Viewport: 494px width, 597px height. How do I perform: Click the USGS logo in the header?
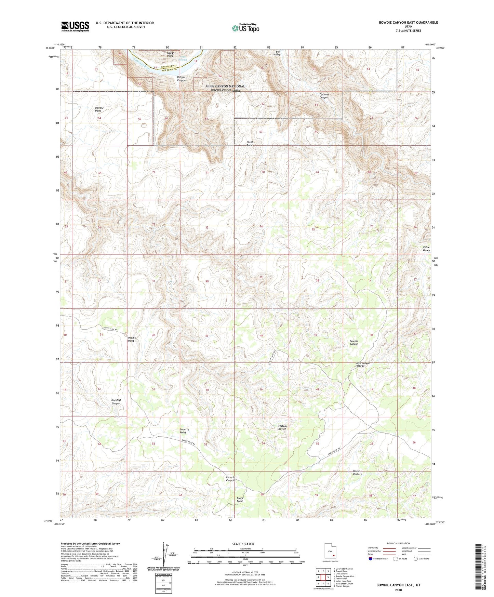[x=75, y=26]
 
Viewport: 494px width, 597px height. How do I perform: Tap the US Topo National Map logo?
[x=245, y=28]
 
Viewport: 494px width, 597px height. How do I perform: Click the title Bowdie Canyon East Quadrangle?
[x=408, y=23]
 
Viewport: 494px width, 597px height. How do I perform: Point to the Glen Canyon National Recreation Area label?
[x=225, y=88]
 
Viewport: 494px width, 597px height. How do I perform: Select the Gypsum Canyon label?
[x=324, y=96]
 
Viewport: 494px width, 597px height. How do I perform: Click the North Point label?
[x=250, y=143]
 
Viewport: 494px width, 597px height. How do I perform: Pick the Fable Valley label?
[x=426, y=249]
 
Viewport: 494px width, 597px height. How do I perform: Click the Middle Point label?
[x=132, y=339]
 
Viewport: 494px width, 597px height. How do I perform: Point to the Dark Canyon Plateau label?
[x=362, y=364]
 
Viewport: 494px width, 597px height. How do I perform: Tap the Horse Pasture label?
[x=357, y=473]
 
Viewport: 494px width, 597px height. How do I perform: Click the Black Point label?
[x=240, y=500]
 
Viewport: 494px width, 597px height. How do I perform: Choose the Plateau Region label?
[x=282, y=427]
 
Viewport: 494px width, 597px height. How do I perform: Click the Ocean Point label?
[x=171, y=54]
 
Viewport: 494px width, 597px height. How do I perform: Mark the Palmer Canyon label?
[x=181, y=79]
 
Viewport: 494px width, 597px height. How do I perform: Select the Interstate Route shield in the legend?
[x=371, y=559]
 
